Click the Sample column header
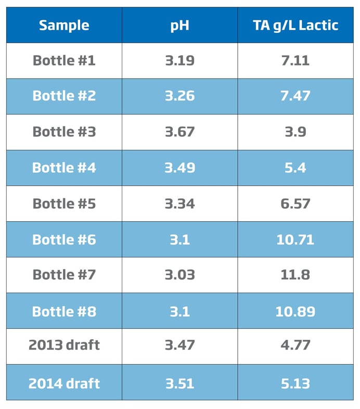coord(64,25)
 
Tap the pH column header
coord(179,25)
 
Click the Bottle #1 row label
coord(64,60)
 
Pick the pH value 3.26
coord(179,96)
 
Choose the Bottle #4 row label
coord(64,168)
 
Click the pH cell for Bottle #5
coord(179,203)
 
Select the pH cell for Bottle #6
coord(179,239)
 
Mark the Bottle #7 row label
coord(64,275)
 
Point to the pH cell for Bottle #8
coord(179,311)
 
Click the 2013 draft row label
coord(64,346)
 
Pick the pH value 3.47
coord(179,346)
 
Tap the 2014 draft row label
coord(64,383)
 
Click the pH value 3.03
coord(179,275)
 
